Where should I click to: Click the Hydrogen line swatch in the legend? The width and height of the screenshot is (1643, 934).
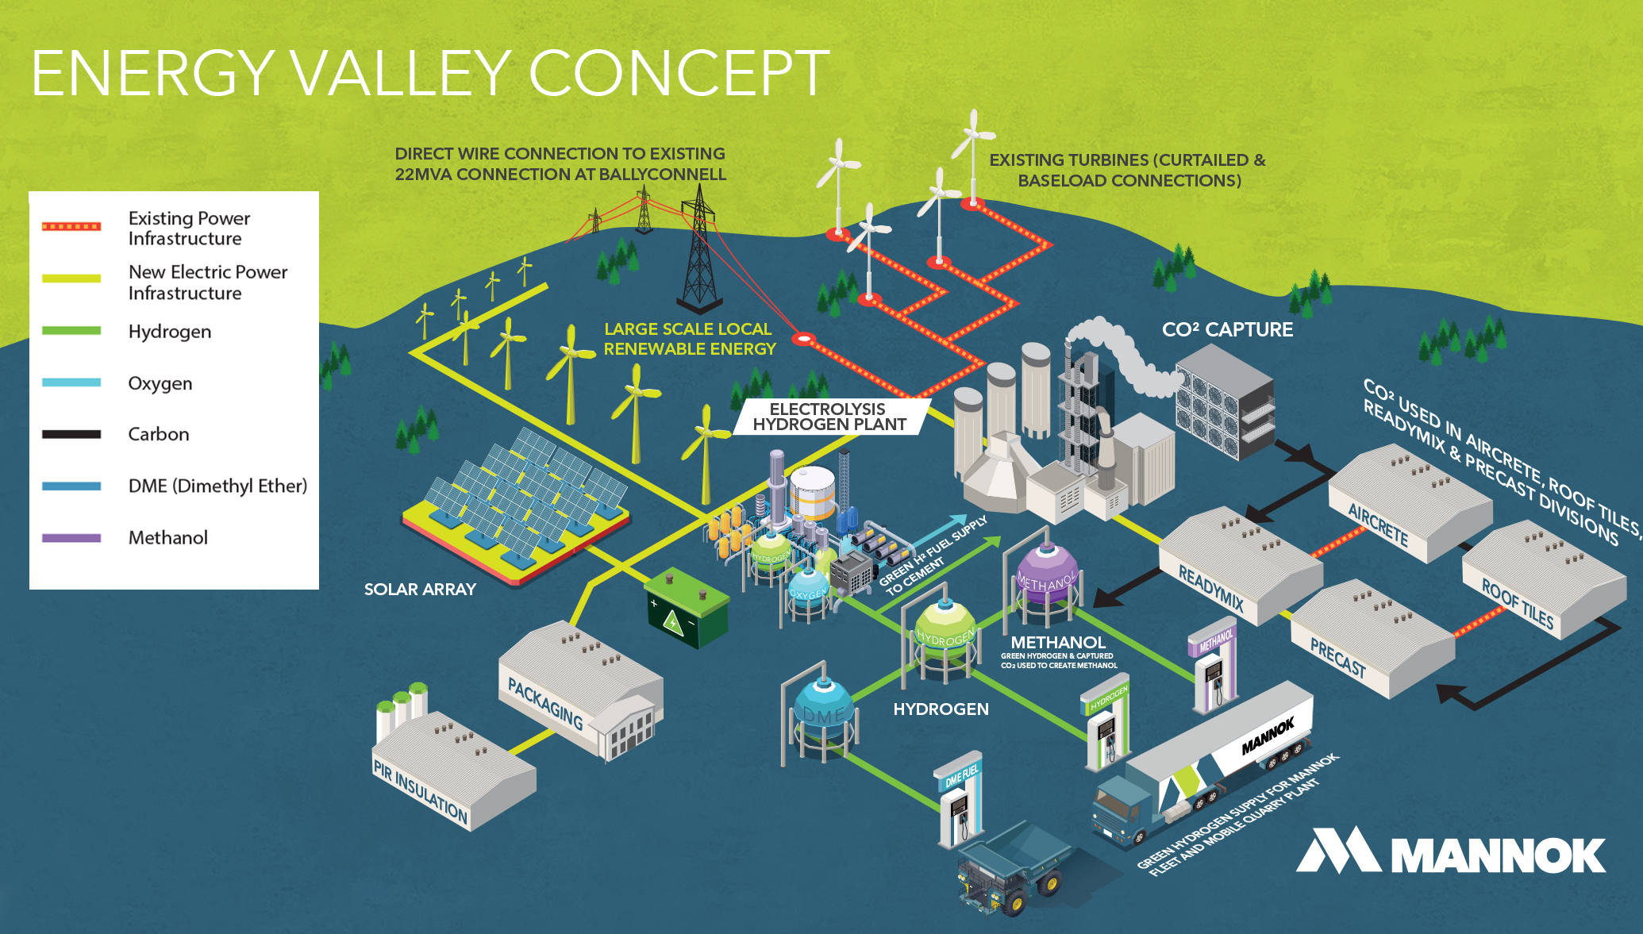[71, 331]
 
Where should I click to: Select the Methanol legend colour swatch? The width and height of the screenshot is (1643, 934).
[71, 538]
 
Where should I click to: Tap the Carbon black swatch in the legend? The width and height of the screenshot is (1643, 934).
[71, 434]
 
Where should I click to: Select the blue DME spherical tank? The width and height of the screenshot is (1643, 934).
[823, 714]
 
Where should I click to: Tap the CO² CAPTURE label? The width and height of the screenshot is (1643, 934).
[1227, 330]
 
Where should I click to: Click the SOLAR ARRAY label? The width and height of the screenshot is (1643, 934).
[420, 590]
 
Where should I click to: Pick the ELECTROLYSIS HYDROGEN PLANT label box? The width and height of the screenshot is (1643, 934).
[829, 417]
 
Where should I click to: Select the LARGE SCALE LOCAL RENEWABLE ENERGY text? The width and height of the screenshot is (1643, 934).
[689, 339]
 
